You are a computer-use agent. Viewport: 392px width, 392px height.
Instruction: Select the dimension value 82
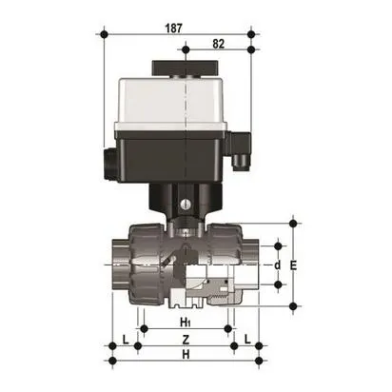(219, 43)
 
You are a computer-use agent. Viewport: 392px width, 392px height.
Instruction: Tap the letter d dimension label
(278, 265)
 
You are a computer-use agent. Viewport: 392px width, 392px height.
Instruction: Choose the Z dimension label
(186, 340)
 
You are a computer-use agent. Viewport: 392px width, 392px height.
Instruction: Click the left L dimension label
(126, 340)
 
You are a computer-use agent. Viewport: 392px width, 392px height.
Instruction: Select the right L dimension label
(246, 340)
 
